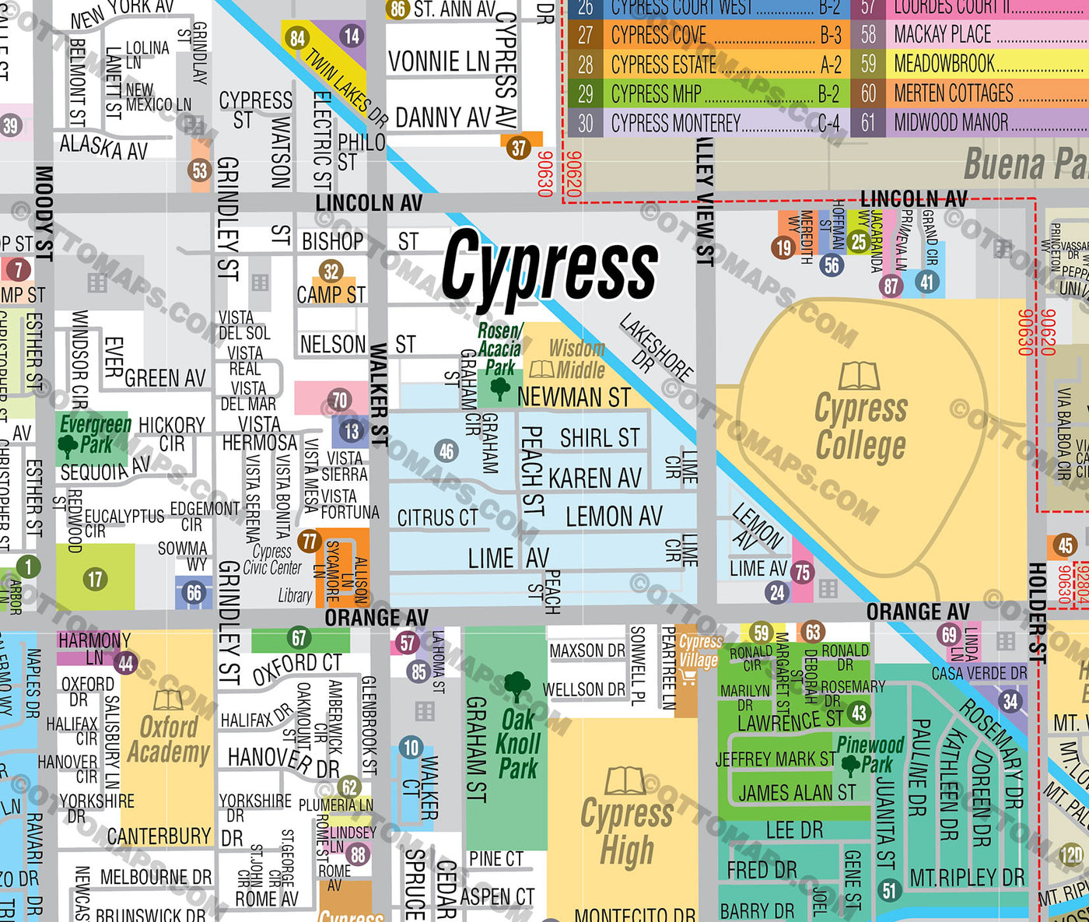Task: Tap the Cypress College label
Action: pos(860,427)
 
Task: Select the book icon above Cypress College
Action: pos(859,377)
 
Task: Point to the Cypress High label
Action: pos(627,832)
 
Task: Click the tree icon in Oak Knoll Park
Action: pos(517,687)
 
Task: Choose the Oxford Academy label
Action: pos(169,739)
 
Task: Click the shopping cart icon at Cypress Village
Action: pos(688,678)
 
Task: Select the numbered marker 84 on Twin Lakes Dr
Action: pos(297,39)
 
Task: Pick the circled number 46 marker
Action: pos(446,450)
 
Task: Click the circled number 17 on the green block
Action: pos(95,579)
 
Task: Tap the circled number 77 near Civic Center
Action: pos(310,541)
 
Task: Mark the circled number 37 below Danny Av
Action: pos(519,148)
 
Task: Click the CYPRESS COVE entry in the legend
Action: pos(659,35)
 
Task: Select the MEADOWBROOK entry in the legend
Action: pos(944,64)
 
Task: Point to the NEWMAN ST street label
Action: pos(573,397)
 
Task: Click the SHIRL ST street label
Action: pos(600,438)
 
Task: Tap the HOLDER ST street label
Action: pos(1038,613)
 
